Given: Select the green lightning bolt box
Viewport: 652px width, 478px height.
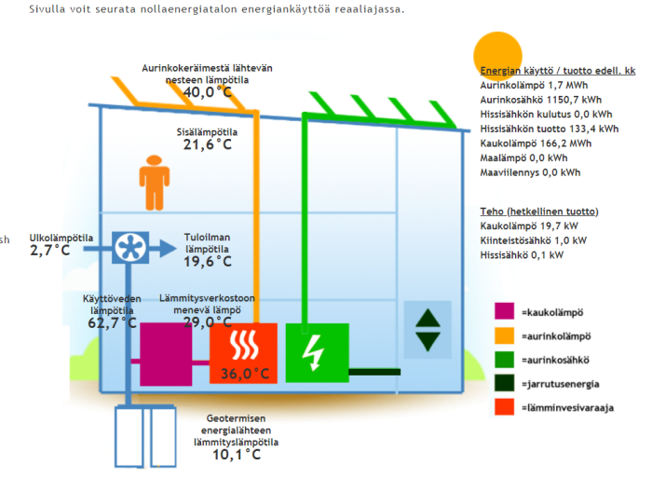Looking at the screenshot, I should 317,352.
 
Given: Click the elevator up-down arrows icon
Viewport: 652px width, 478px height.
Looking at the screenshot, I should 428,328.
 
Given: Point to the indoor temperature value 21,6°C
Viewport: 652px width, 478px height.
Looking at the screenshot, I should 207,144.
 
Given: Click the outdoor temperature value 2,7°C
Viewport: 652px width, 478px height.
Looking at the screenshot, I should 49,251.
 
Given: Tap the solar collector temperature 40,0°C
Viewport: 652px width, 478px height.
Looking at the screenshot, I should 207,92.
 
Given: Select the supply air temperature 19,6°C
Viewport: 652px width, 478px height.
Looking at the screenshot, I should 208,262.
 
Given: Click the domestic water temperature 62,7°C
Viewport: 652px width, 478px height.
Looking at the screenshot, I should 112,322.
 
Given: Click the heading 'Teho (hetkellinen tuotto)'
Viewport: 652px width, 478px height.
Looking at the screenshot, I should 539,212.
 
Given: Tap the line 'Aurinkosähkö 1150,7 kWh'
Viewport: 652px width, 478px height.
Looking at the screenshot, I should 541,99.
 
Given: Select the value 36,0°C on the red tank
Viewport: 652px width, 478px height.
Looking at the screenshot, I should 244,374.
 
